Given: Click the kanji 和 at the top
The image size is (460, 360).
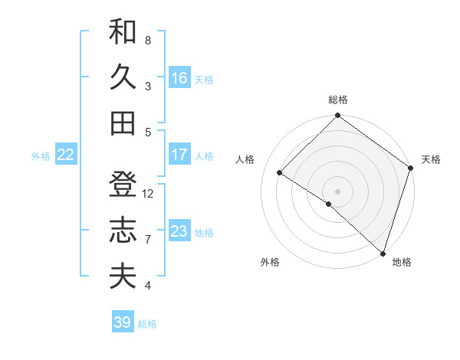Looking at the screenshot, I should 123,31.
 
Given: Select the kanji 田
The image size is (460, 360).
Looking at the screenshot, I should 123,122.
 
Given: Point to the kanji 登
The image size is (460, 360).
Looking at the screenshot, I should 123,185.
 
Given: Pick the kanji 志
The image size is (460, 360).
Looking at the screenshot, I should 123,230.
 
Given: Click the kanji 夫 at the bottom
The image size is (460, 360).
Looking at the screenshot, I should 123,276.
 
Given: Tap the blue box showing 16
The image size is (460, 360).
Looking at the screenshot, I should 179,78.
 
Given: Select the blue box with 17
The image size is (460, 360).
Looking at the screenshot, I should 179,155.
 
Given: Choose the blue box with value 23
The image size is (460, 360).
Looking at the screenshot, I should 179,231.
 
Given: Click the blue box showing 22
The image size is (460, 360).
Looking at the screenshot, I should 65,155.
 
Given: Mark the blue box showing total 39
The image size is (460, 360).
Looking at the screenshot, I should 122,322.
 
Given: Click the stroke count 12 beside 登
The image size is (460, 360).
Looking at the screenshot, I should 148,194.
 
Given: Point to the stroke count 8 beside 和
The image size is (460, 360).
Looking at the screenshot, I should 148,40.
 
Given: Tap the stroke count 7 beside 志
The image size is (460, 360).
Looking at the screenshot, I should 148,240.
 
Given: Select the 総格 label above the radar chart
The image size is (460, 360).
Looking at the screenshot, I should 338,100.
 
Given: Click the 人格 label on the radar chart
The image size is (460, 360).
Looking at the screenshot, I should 245,159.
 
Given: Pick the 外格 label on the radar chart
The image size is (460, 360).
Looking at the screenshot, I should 270,262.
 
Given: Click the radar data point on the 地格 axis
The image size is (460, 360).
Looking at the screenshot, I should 383,252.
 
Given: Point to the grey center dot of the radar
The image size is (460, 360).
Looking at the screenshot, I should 337,191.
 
